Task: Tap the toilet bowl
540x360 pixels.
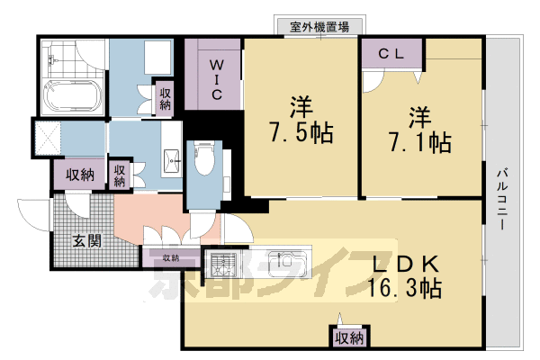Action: click(x=202, y=163)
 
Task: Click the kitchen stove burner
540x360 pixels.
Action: click(x=222, y=264)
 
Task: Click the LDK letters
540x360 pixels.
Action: click(x=405, y=263)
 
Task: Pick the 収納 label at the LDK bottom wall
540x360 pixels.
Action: click(x=348, y=338)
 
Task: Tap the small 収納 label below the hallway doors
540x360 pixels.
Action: click(x=170, y=259)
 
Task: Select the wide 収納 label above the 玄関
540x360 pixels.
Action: click(x=76, y=175)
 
